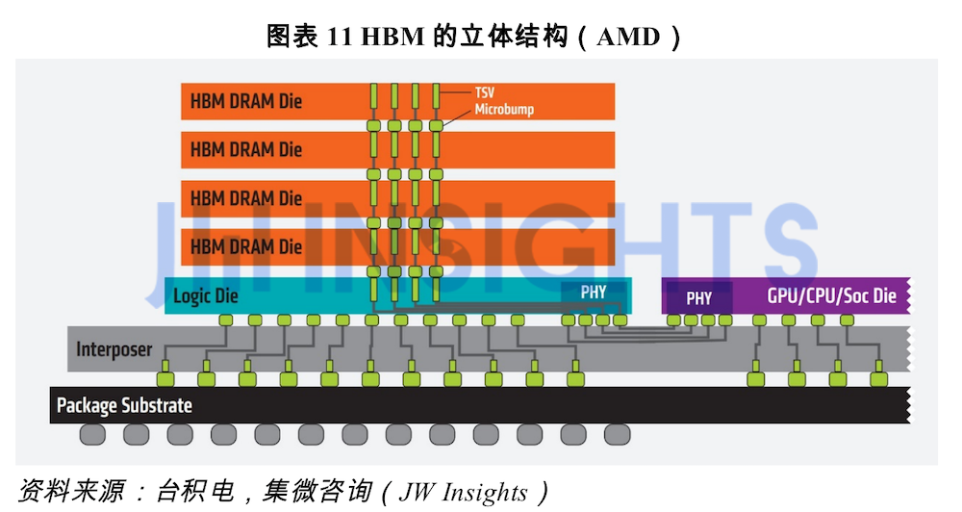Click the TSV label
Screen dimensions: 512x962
coord(485,92)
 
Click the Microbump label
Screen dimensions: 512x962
coord(504,110)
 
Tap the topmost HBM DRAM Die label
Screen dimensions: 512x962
coord(246,100)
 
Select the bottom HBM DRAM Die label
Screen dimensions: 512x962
coord(246,246)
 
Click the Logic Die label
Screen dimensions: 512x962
coord(205,295)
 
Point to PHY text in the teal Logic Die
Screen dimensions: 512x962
coord(594,292)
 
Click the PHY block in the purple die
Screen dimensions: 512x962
coord(699,298)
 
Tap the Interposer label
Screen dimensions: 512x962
coord(114,349)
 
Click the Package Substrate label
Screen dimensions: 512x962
coord(124,405)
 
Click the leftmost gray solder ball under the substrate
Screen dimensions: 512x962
coord(92,434)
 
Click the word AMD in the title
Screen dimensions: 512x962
coord(629,38)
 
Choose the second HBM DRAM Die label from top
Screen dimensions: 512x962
coord(246,149)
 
